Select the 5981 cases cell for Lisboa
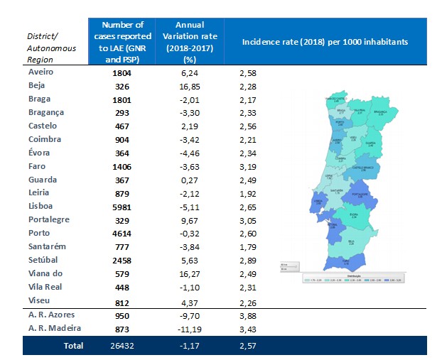pos(122,207)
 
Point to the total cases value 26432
pos(122,346)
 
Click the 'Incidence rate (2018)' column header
pos(325,43)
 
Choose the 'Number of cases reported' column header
pos(122,42)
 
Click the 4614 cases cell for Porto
pos(122,233)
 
